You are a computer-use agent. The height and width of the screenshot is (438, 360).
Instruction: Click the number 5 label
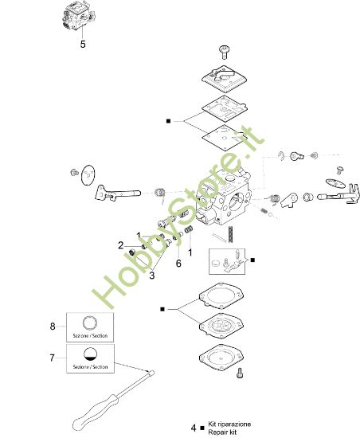(x=83, y=45)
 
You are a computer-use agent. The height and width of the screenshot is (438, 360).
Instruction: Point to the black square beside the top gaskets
(x=167, y=121)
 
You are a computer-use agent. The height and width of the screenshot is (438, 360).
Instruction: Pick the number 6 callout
(x=178, y=262)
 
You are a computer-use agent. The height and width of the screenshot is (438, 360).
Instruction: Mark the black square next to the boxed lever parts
(x=252, y=260)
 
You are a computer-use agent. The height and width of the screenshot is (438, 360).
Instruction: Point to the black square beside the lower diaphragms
(x=162, y=307)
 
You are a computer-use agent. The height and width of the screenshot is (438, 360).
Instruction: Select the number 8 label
(x=52, y=327)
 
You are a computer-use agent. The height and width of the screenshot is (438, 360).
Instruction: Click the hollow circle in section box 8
(x=90, y=322)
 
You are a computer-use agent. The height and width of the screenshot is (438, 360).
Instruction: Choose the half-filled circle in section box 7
(x=90, y=355)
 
